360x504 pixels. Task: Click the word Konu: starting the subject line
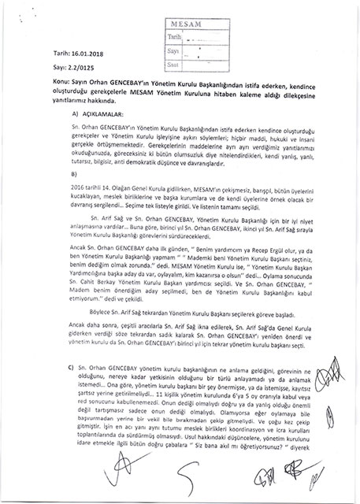(41, 103)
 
